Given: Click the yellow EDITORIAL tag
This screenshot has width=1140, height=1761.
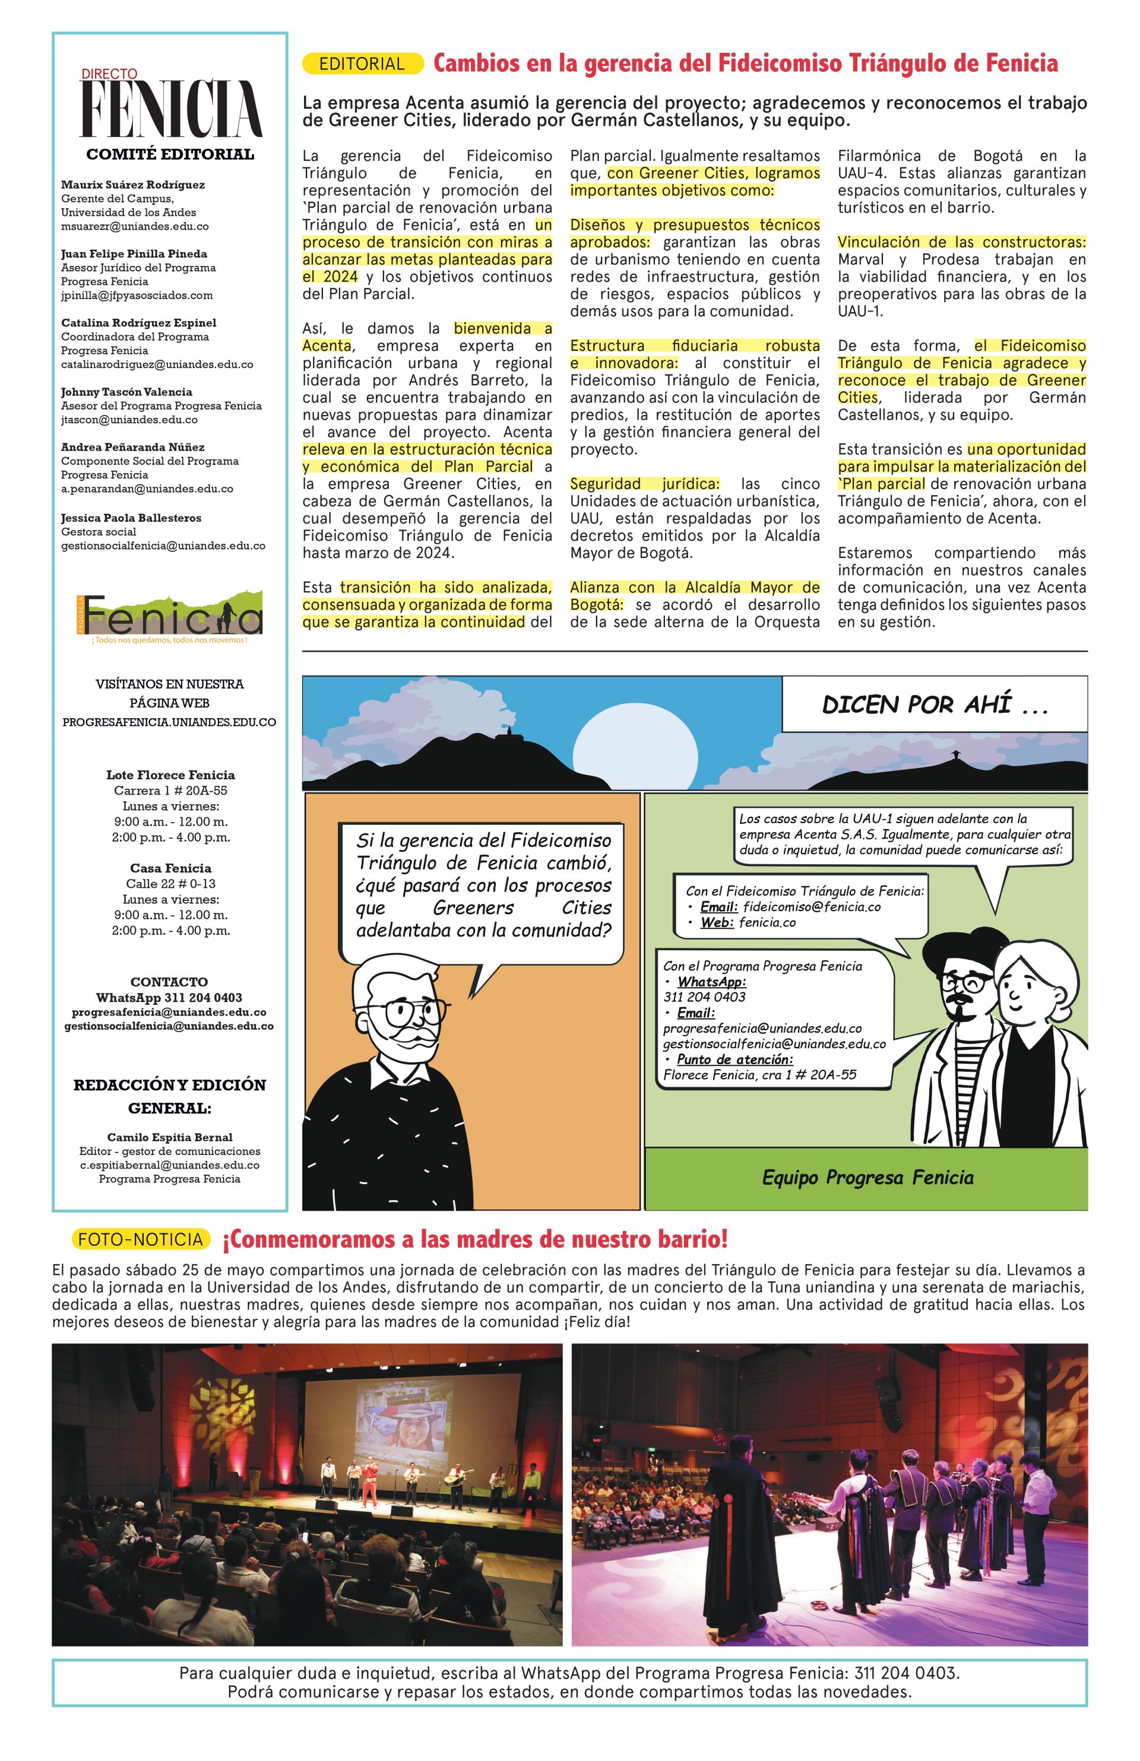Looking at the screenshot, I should pyautogui.click(x=362, y=64).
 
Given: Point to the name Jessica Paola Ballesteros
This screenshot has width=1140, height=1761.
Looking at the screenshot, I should pyautogui.click(x=131, y=518).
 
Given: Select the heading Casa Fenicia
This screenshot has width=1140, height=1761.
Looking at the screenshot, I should pyautogui.click(x=170, y=868).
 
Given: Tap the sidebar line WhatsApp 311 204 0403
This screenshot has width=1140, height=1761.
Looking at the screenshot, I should pyautogui.click(x=170, y=997).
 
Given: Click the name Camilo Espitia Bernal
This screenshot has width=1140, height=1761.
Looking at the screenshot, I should pyautogui.click(x=170, y=1137).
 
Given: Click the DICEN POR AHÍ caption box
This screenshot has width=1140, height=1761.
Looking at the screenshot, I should pyautogui.click(x=934, y=705).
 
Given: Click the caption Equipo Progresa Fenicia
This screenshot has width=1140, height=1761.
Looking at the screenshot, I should pyautogui.click(x=867, y=1177).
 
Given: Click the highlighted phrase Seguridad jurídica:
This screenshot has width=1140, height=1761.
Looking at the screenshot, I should pyautogui.click(x=644, y=484).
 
